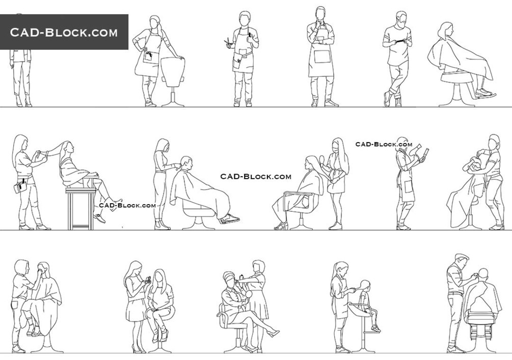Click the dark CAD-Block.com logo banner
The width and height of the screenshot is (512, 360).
click(x=64, y=32)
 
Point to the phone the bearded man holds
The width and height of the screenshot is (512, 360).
click(x=400, y=41)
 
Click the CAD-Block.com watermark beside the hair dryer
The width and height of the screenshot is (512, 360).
click(x=384, y=144)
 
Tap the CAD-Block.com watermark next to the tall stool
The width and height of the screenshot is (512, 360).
click(x=127, y=205)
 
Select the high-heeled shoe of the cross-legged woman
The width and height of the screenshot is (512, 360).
click(x=273, y=333)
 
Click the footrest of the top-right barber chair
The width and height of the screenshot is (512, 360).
click(x=486, y=95)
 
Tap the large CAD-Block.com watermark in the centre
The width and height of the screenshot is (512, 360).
click(x=256, y=177)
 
